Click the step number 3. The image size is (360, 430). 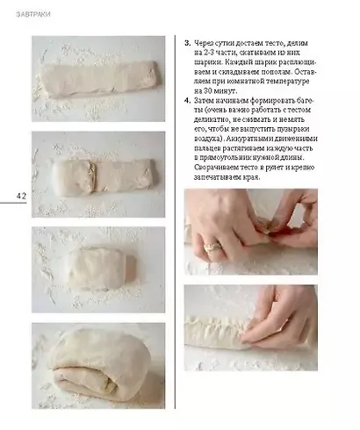pos(187,42)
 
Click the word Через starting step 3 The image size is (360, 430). pos(209,42)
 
